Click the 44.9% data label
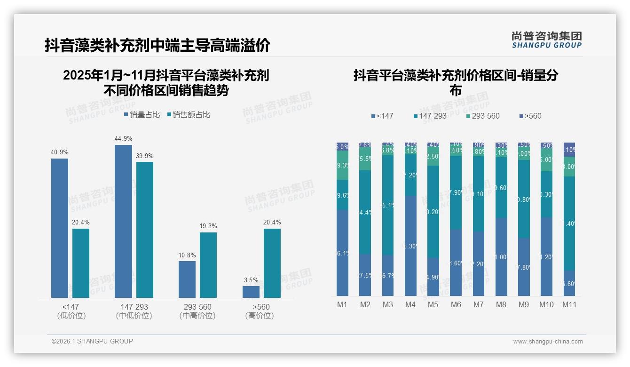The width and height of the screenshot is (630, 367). pos(123,139)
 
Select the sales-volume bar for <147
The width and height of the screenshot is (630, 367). pos(60,228)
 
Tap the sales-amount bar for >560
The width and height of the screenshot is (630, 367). pos(272,263)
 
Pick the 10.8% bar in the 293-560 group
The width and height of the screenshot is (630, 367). pos(187,279)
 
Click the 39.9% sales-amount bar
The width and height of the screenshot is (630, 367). pos(145,230)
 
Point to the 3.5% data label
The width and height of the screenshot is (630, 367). pos(251,280)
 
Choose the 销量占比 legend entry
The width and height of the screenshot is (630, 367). pos(142,115)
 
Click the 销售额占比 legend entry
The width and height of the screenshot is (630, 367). pos(189,115)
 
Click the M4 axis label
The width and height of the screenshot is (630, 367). pos(410,305)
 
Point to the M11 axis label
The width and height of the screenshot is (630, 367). pos(569,305)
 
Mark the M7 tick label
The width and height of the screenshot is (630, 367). pos(478,305)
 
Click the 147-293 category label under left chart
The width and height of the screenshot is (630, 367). pos(134,307)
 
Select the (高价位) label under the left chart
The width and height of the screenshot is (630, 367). pos(260,316)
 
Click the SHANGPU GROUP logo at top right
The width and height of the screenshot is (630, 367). pos(546,40)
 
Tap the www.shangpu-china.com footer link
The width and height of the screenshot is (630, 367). pos(548,342)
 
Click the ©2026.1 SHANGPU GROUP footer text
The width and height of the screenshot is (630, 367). pos(92,341)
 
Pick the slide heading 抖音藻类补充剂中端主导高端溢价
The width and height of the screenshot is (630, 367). pos(157,46)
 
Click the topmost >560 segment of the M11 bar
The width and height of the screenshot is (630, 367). pos(569,149)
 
